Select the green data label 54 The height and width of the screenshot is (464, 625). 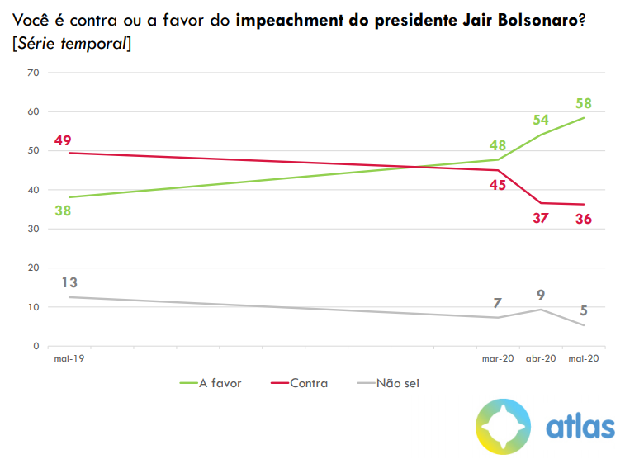click(x=541, y=120)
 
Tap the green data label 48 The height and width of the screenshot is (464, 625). click(x=497, y=144)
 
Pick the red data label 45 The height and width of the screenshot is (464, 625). click(x=497, y=185)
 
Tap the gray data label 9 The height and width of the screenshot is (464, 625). click(x=541, y=294)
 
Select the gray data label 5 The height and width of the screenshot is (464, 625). click(x=585, y=310)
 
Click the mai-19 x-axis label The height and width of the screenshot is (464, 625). click(x=69, y=359)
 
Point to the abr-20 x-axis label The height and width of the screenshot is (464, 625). click(x=541, y=359)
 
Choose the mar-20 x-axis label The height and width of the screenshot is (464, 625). click(x=498, y=359)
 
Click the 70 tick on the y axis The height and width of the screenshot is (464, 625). click(x=34, y=73)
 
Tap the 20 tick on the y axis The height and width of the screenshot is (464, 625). click(x=34, y=268)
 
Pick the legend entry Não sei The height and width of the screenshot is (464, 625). click(x=399, y=383)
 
